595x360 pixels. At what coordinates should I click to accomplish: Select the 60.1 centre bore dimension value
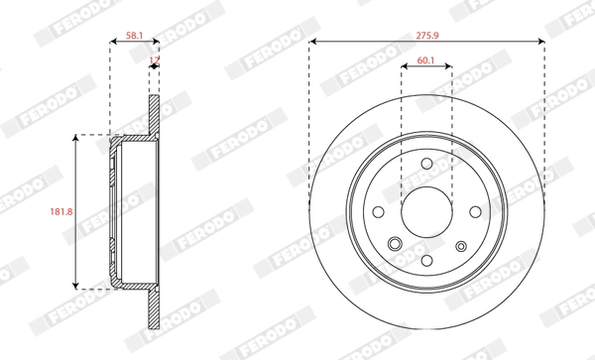(x=426, y=60)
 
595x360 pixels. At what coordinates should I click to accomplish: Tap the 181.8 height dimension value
(x=59, y=210)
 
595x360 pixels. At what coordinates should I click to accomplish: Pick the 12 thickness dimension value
(x=154, y=60)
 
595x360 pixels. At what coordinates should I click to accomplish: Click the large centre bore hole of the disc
(x=426, y=212)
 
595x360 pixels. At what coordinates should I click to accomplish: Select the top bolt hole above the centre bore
(x=426, y=165)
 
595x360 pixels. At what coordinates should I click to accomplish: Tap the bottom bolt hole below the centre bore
(x=426, y=261)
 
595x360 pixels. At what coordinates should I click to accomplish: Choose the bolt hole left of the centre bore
(x=378, y=212)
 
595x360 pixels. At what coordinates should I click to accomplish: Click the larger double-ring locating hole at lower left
(x=394, y=245)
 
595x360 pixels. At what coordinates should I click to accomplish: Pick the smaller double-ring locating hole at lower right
(x=460, y=247)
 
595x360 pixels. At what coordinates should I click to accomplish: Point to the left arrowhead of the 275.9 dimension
(x=313, y=42)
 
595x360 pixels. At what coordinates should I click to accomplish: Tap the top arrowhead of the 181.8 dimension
(x=77, y=138)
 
